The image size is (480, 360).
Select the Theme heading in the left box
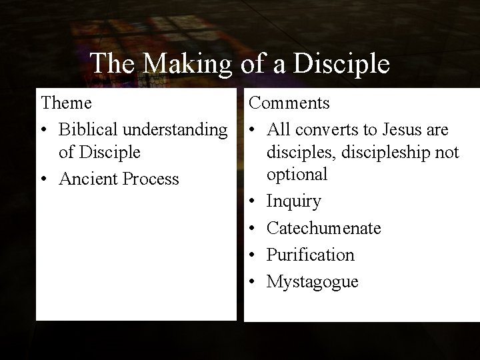pos(67,103)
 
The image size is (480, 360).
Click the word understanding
pos(178,129)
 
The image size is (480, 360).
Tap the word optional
pos(297,175)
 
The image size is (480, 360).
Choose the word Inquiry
pos(294,201)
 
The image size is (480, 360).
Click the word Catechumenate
pos(324,228)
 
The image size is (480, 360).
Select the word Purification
pos(311,255)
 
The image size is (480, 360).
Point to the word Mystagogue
pos(313,282)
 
